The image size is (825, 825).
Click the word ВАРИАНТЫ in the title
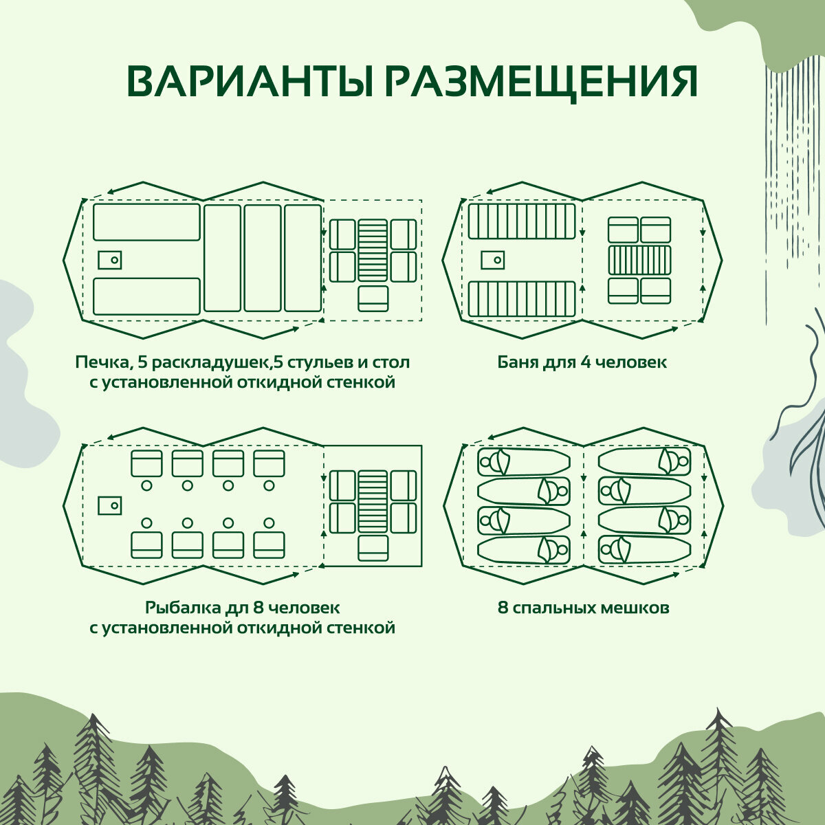coord(252,82)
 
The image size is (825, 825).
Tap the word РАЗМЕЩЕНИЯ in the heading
coord(539,82)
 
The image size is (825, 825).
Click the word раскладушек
coord(206,362)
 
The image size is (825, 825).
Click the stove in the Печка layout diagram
coord(109,260)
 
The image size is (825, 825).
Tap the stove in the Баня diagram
coord(492,260)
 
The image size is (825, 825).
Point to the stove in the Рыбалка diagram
coord(109,505)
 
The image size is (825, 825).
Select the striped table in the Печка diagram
coord(373,250)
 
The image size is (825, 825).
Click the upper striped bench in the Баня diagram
coord(522,221)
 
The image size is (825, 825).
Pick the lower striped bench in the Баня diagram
coord(522,299)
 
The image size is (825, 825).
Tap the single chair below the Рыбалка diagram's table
coord(373,548)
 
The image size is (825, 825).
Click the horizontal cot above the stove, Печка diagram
coord(146,222)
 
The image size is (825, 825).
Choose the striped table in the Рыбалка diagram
coord(373,502)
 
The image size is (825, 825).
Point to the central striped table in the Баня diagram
coord(639,260)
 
